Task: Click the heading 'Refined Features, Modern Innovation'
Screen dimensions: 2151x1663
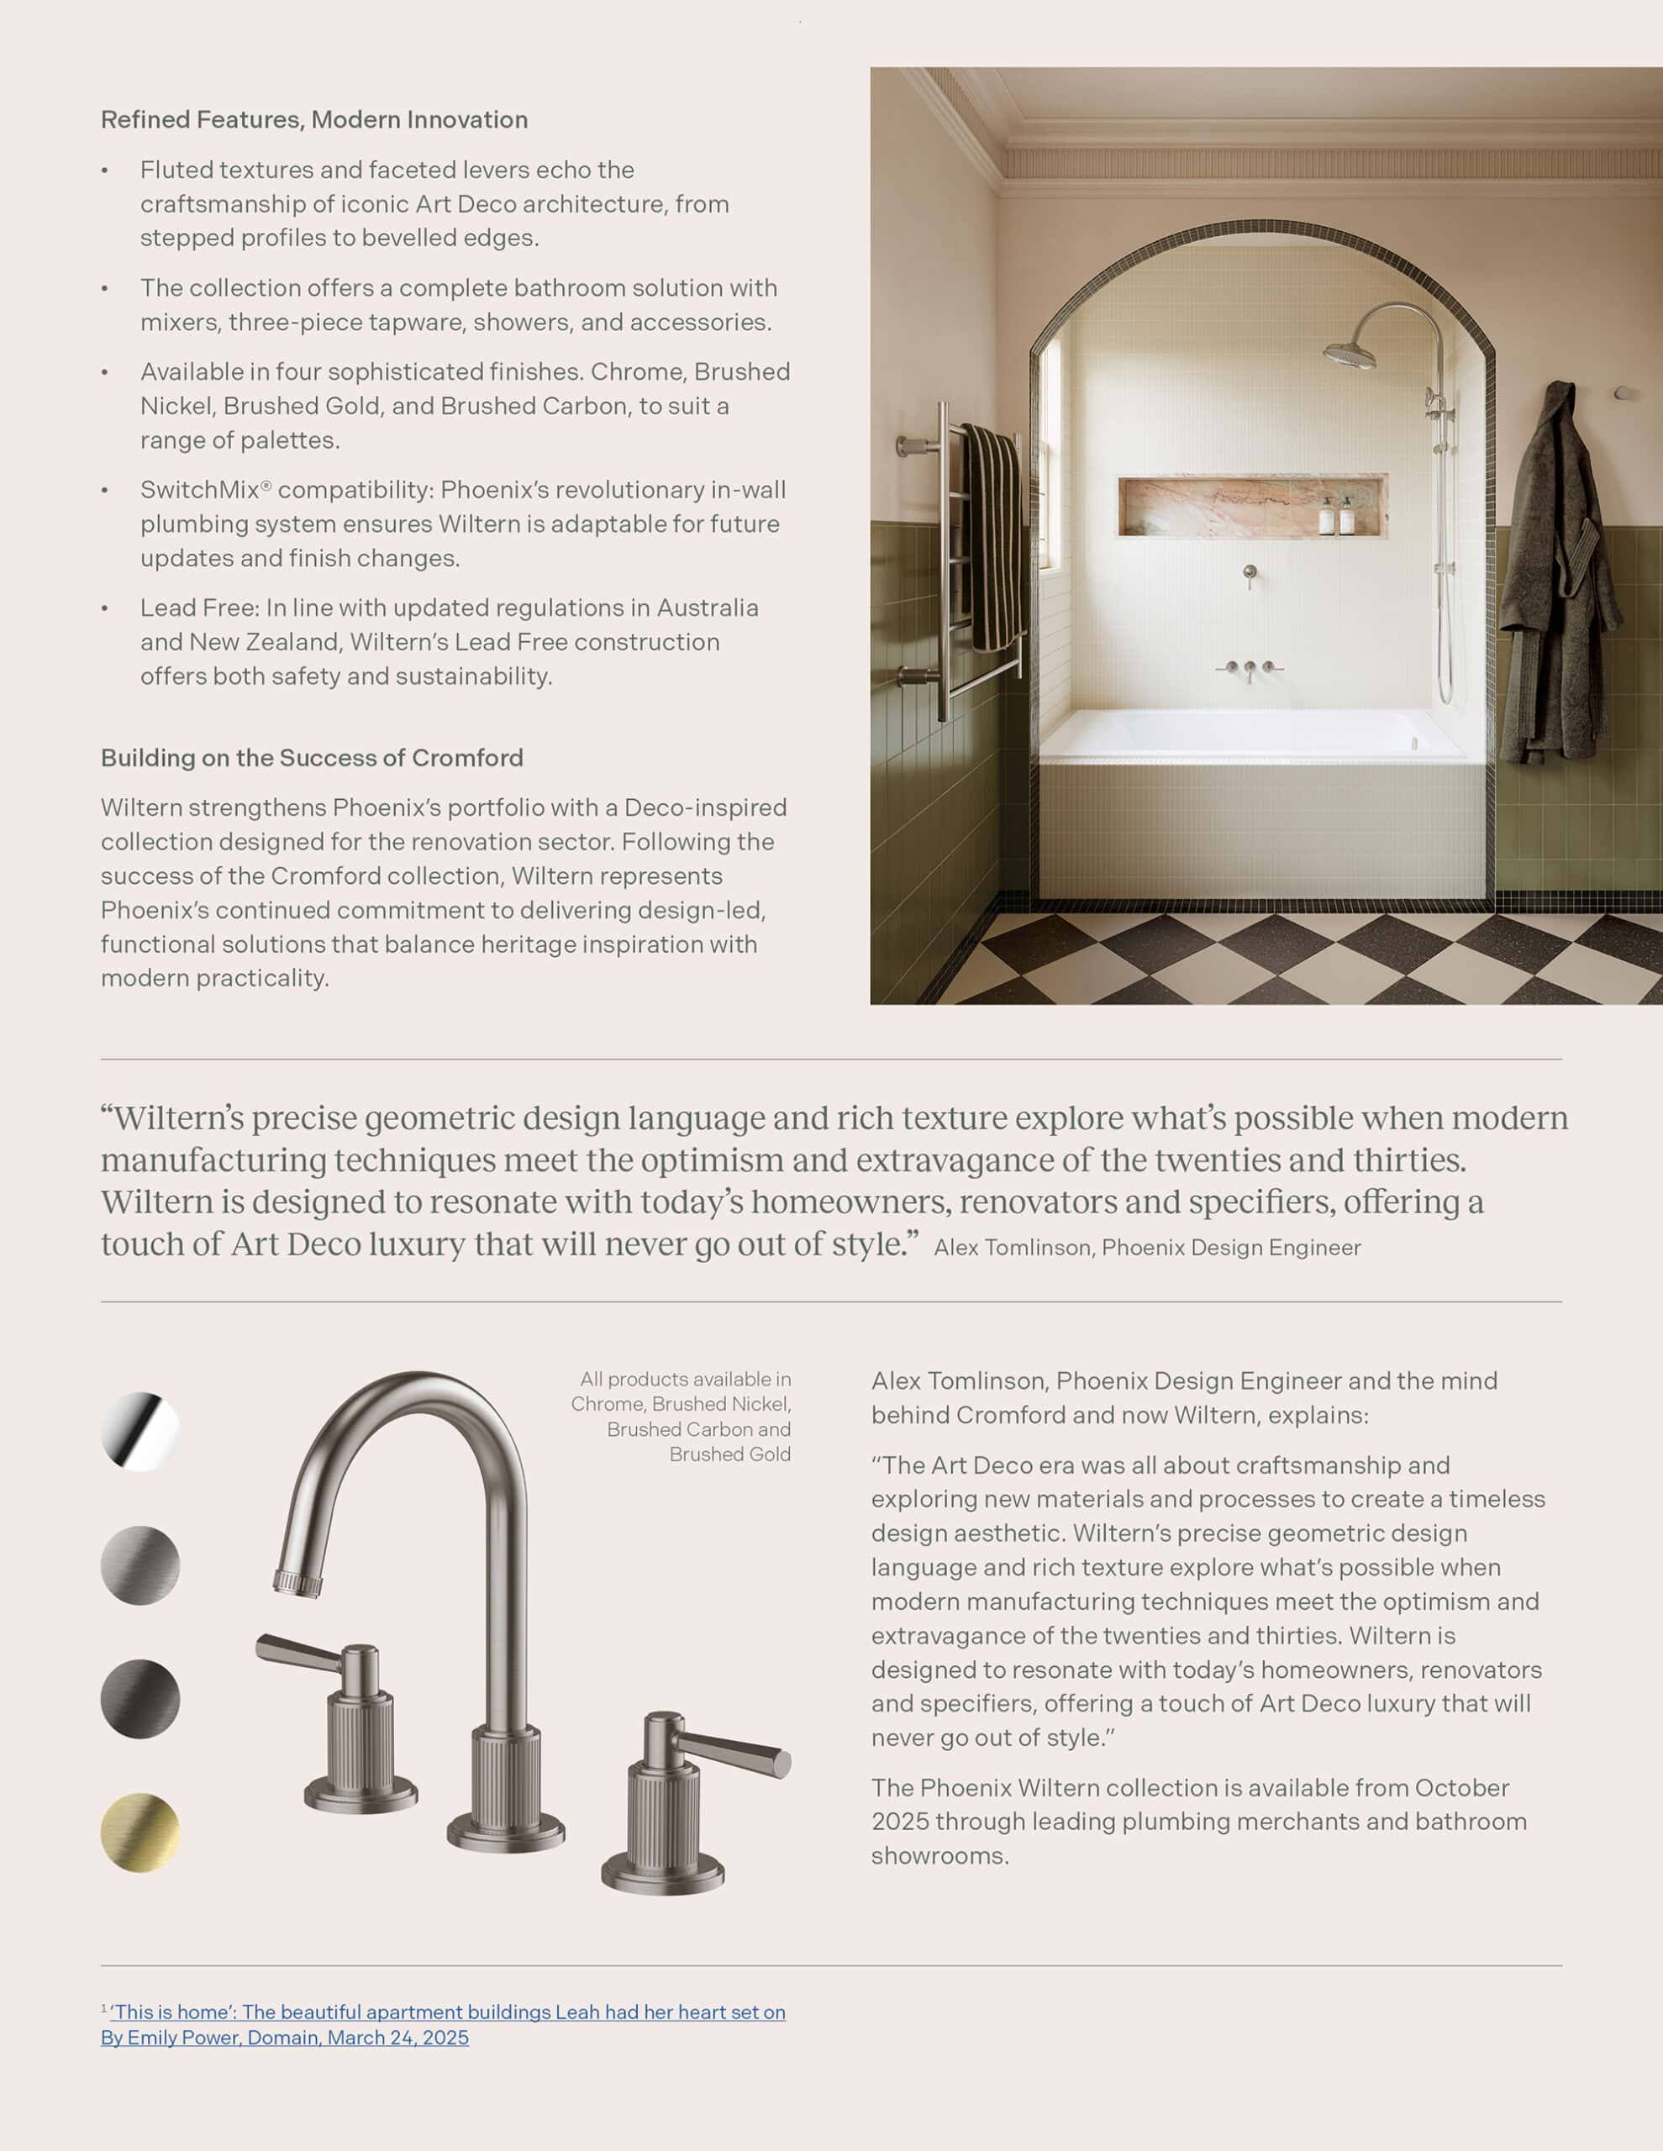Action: click(x=313, y=120)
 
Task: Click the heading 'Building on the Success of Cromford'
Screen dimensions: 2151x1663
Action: click(x=311, y=757)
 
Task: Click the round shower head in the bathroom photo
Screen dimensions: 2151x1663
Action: click(x=1348, y=355)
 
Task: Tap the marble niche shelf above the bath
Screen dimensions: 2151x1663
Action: click(x=1251, y=506)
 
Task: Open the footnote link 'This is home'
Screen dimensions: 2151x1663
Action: click(x=447, y=2012)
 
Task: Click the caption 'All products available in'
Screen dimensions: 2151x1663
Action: click(x=685, y=1379)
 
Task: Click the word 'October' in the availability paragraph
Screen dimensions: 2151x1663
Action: click(x=1461, y=1787)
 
